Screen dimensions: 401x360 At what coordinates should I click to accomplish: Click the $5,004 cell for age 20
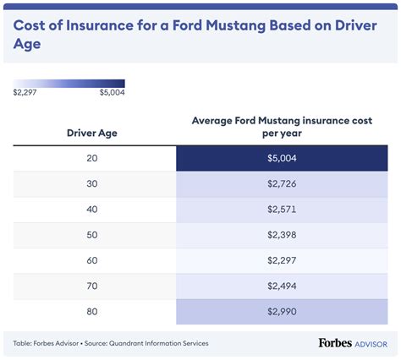coord(282,158)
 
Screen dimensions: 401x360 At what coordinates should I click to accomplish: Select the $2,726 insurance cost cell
coord(282,183)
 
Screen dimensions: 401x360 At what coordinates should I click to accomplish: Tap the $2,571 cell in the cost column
coord(282,210)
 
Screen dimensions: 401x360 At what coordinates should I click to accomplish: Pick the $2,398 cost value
coord(282,235)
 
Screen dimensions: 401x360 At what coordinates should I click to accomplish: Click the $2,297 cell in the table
coord(282,260)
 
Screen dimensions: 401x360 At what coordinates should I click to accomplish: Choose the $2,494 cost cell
coord(282,286)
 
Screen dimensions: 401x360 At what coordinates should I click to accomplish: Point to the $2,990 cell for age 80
coord(282,312)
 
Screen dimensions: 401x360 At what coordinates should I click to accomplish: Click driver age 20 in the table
coord(92,158)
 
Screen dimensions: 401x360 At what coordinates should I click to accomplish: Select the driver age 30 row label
coord(92,183)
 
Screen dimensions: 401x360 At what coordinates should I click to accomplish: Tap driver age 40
coord(92,210)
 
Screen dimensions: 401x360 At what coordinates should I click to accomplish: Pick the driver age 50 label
coord(92,235)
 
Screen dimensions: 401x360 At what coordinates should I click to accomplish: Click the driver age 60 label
coord(92,260)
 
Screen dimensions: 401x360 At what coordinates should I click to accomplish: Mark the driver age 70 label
coord(92,286)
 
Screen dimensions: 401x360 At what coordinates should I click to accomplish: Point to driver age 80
coord(92,312)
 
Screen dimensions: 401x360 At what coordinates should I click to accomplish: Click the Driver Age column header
coord(92,133)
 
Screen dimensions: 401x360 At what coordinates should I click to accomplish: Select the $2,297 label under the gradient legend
coord(25,92)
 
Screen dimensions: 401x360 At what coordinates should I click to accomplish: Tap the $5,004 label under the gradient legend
coord(112,92)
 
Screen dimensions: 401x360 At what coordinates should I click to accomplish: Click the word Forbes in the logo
coord(335,343)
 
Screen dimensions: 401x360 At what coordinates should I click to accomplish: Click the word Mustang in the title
coord(236,25)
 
